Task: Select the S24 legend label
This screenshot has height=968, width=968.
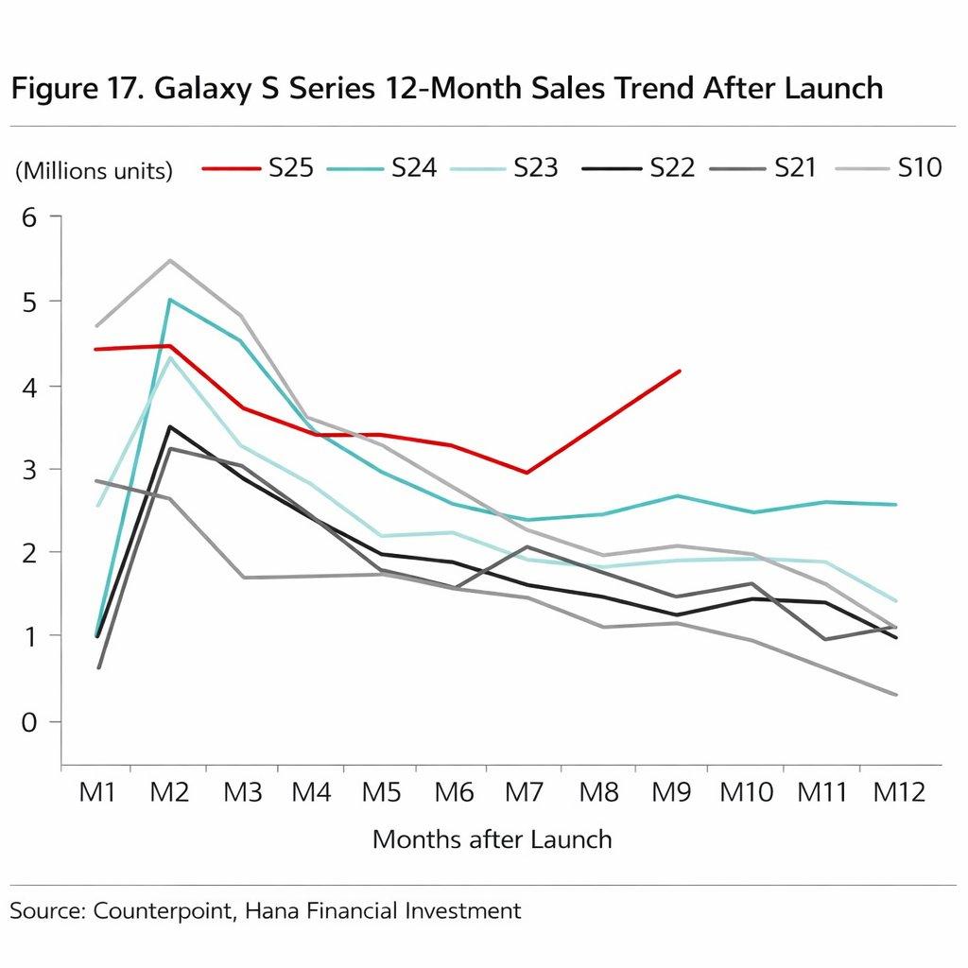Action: [x=413, y=168]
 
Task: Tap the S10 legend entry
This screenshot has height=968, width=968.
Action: [x=919, y=168]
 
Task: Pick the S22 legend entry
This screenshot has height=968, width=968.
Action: [x=672, y=168]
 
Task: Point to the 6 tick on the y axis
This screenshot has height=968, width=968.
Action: [x=28, y=217]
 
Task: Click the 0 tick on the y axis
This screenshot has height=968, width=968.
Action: [x=28, y=721]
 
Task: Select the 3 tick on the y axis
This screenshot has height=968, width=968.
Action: [x=28, y=470]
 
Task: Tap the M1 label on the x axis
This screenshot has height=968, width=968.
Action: [x=96, y=792]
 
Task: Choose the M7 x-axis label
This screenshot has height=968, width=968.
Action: [x=526, y=792]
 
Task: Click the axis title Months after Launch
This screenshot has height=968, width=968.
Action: [x=492, y=838]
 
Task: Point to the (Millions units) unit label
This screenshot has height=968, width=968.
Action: [x=94, y=171]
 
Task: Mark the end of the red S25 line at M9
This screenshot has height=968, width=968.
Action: [x=680, y=372]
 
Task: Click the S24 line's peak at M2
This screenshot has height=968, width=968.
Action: [x=170, y=300]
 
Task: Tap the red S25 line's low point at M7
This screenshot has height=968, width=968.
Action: [x=526, y=473]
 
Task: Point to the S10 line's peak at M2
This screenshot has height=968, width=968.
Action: [x=170, y=260]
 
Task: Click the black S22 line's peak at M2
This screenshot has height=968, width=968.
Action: [x=170, y=426]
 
